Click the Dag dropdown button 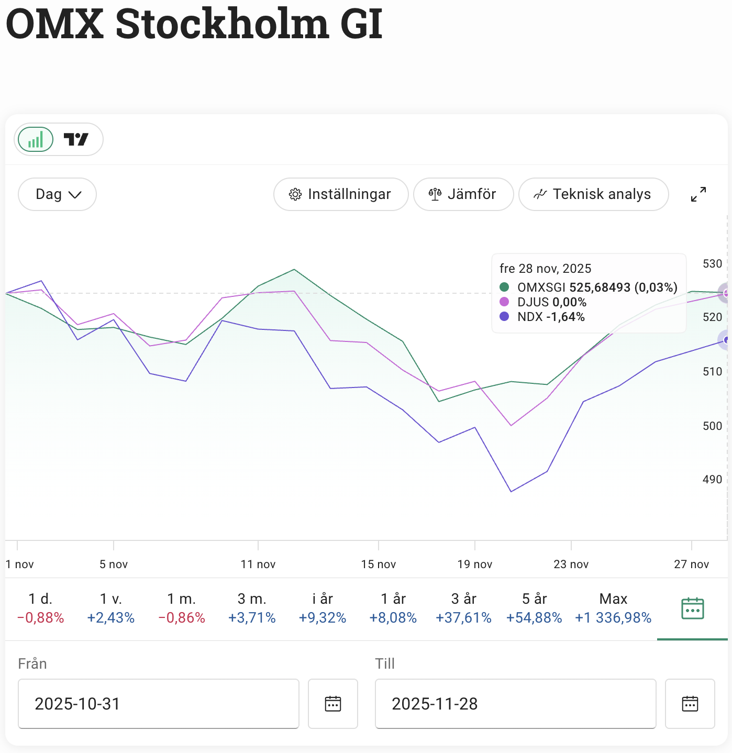57,194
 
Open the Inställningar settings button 340,194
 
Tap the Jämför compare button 463,194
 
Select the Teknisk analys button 593,194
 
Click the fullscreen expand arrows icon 698,194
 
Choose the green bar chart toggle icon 36,139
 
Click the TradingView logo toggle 76,139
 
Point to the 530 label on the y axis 712,264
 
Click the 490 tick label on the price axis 712,480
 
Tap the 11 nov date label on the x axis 258,564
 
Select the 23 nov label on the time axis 571,564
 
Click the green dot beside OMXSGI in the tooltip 504,287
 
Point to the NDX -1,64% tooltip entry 550,317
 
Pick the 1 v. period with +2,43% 111,608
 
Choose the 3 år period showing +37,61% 463,608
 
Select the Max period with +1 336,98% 613,608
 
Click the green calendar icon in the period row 692,608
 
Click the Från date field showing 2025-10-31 158,704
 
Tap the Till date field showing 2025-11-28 515,704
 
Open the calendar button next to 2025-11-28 690,704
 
